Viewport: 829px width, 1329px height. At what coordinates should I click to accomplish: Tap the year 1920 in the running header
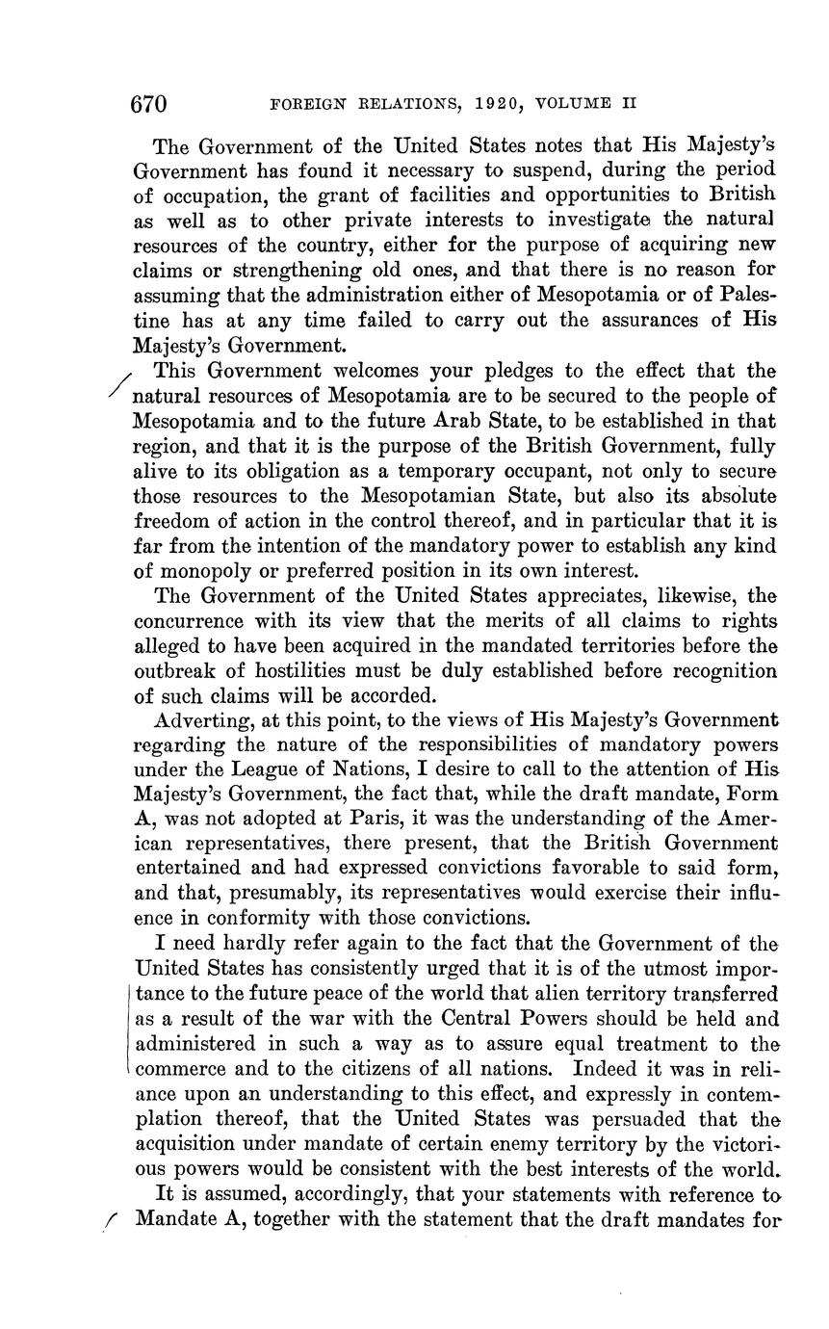(x=507, y=103)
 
